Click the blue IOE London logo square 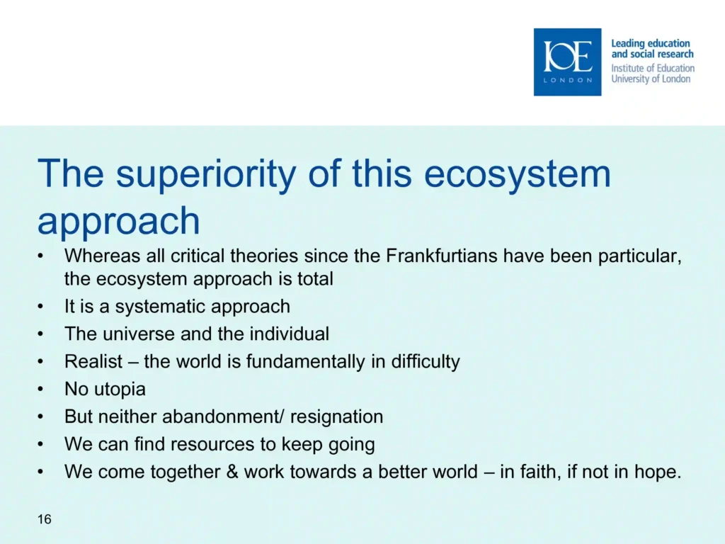[x=567, y=62]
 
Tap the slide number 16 [x=45, y=519]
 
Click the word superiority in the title [x=206, y=174]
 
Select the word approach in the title [x=118, y=222]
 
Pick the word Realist [x=93, y=361]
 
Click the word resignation [x=336, y=416]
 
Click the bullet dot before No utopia [x=40, y=390]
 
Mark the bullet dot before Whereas [x=40, y=256]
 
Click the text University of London [x=651, y=79]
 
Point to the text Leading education [x=651, y=43]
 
